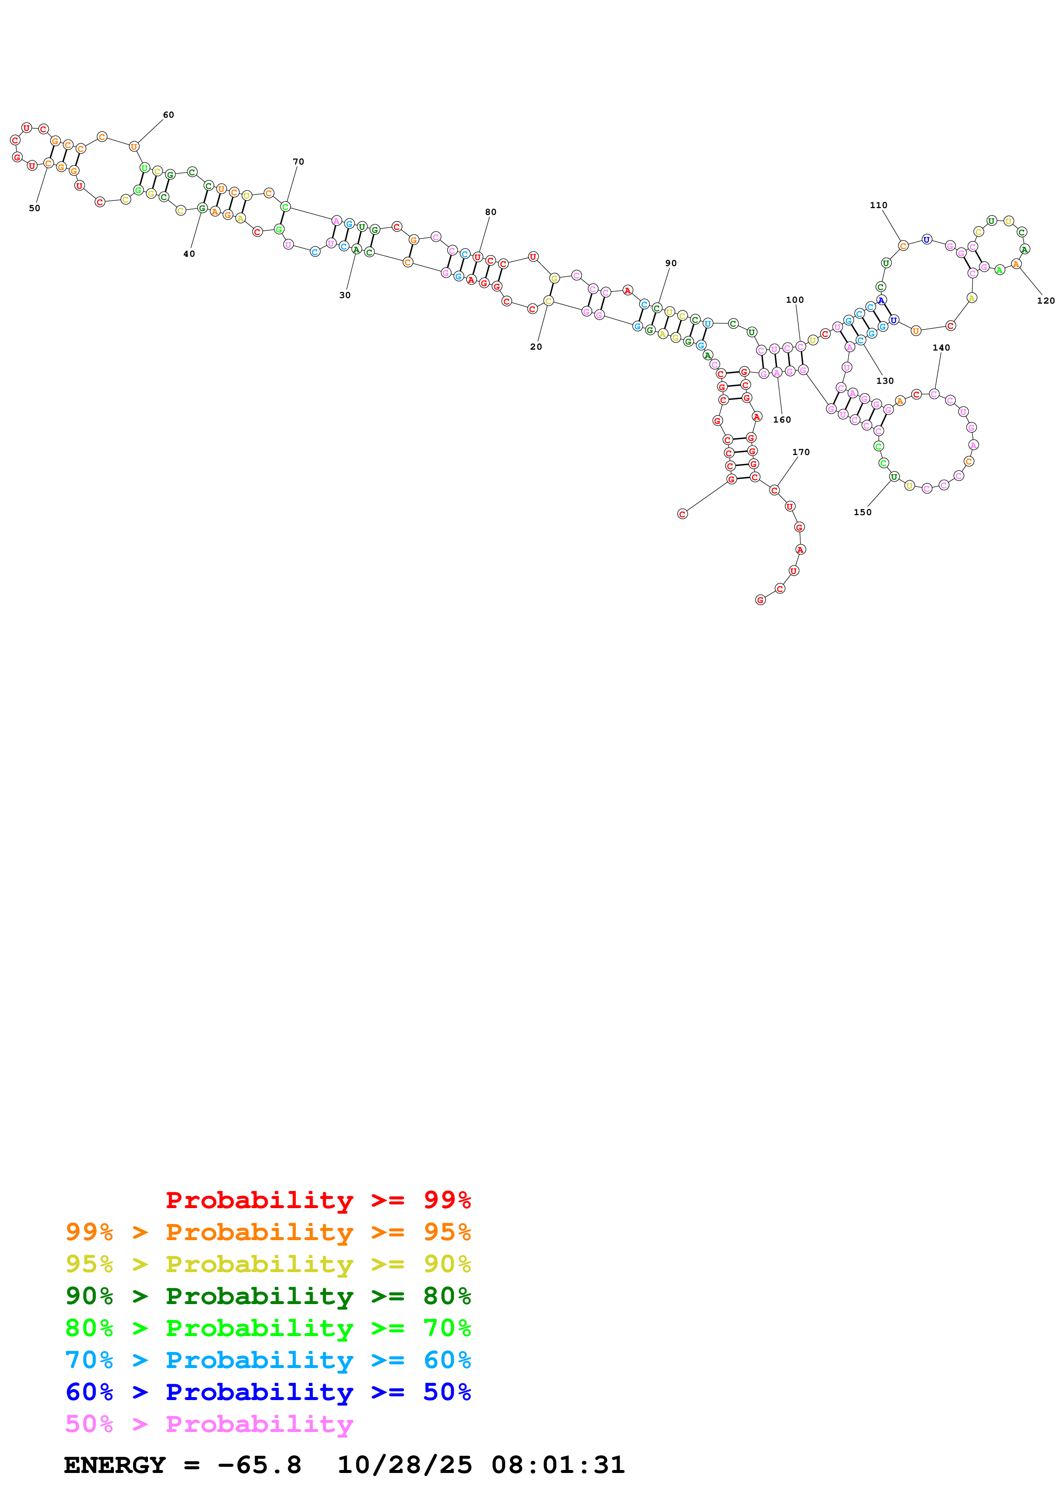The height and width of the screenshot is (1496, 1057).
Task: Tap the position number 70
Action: click(298, 162)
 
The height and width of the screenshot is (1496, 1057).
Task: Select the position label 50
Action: click(35, 209)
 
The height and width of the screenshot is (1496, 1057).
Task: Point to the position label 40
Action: click(189, 254)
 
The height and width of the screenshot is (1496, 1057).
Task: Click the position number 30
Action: click(345, 295)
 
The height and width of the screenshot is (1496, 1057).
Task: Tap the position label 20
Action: click(536, 347)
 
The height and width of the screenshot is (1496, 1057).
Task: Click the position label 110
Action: click(878, 205)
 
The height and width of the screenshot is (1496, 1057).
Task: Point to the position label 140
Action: click(941, 348)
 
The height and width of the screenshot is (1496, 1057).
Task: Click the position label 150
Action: click(862, 512)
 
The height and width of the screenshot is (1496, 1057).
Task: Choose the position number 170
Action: click(801, 452)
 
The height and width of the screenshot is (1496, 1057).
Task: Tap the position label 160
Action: click(782, 420)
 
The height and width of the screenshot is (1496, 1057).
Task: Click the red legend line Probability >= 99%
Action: click(318, 1200)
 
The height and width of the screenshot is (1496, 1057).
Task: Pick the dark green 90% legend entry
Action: click(268, 1296)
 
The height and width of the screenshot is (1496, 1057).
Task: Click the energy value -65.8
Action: click(259, 1465)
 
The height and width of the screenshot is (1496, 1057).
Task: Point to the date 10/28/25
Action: click(405, 1465)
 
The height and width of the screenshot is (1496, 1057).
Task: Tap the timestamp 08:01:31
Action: click(558, 1465)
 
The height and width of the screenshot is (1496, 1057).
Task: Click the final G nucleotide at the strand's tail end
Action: click(760, 600)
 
